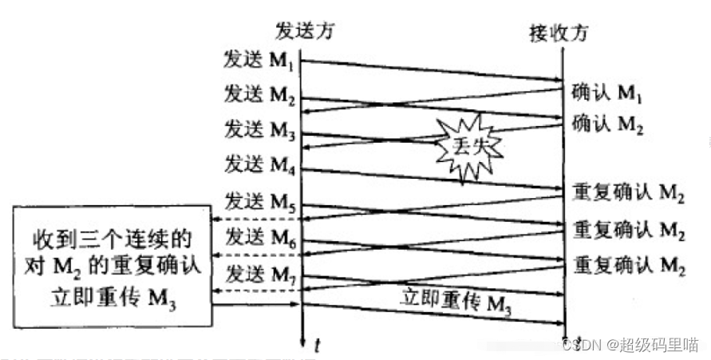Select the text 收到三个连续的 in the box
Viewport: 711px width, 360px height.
point(112,239)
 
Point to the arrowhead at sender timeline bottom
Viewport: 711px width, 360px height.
point(301,342)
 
